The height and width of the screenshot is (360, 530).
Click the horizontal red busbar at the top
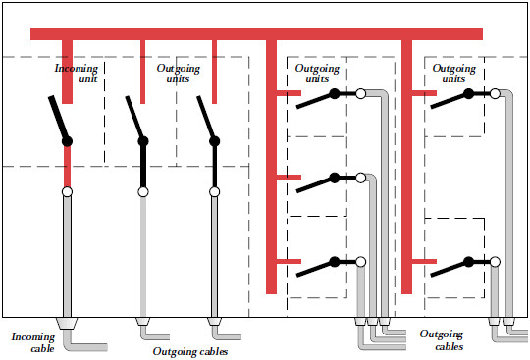[256, 34]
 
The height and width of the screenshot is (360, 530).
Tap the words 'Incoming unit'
[76, 74]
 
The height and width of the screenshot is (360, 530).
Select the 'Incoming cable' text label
[33, 342]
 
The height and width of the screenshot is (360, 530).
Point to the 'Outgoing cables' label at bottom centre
[193, 350]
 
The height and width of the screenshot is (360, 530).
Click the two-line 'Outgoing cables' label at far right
[443, 340]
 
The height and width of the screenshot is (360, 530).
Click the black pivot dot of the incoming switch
[68, 142]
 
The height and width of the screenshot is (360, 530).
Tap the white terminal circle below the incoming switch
[68, 192]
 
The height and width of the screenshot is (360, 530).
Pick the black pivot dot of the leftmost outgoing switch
[143, 142]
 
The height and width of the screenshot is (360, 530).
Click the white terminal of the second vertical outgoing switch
[215, 192]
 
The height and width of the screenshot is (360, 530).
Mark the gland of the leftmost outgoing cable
[143, 321]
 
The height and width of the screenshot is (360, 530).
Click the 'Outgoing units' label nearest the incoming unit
[179, 74]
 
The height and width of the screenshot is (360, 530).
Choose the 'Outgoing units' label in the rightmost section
[454, 74]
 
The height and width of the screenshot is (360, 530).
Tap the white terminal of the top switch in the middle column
[360, 94]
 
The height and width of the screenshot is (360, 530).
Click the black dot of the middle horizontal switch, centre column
[335, 178]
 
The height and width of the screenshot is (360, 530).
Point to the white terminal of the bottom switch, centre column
[360, 262]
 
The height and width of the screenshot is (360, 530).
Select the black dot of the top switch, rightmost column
[469, 94]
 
